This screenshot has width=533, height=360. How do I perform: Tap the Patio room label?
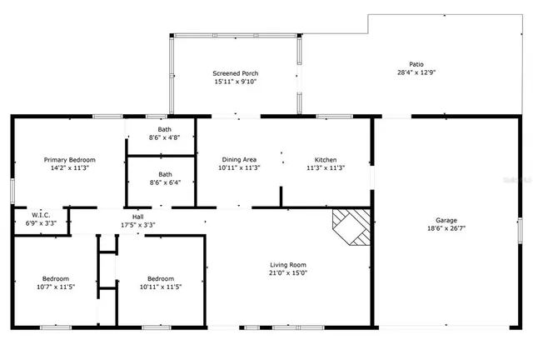(416, 64)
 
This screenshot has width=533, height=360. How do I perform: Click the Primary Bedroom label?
(70, 159)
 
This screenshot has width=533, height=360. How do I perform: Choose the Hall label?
(138, 216)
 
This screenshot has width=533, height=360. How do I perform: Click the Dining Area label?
(239, 159)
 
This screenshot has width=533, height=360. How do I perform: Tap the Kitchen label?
(325, 159)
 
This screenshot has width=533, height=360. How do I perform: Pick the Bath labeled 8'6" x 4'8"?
(160, 133)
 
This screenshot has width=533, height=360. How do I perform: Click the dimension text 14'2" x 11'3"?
(70, 167)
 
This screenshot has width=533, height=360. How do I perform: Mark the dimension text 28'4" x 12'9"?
(416, 72)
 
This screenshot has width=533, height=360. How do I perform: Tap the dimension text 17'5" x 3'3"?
(138, 224)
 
